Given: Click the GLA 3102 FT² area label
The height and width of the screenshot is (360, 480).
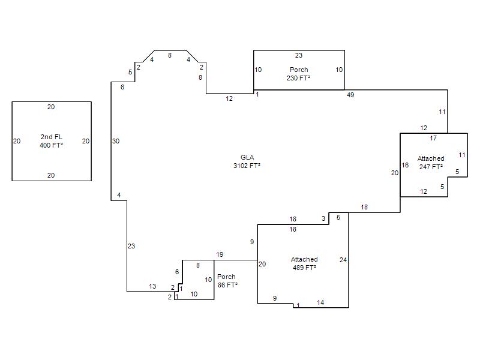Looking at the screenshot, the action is [247, 161].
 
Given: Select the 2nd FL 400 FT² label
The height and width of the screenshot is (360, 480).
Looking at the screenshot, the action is [52, 141].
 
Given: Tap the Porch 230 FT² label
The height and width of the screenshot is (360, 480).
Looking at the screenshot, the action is [298, 74].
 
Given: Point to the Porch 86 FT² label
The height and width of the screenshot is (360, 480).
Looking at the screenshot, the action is [227, 281].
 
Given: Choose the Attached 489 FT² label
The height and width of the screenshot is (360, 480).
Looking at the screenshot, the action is [304, 263].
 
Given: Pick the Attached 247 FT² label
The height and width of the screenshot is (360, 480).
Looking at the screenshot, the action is [431, 163].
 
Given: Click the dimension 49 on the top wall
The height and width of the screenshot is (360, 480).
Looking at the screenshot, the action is [350, 95].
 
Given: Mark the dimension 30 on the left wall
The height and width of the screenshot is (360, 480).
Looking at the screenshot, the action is [116, 141].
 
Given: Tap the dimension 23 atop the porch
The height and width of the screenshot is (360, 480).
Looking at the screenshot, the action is [299, 55].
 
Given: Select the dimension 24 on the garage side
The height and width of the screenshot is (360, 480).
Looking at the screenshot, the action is [343, 260].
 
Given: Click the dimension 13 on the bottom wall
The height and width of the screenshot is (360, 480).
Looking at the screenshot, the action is [152, 286].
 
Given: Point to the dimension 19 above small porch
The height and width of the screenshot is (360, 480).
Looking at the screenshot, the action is [220, 254].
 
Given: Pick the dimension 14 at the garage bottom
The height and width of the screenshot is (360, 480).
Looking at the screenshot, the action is [320, 302].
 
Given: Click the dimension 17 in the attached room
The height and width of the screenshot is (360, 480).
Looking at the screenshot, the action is [433, 138].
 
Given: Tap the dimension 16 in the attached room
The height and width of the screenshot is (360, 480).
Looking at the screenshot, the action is [405, 166].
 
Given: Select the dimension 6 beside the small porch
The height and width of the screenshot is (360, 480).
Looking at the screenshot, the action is [177, 272].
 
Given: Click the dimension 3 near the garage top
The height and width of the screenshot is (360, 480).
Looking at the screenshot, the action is [323, 218].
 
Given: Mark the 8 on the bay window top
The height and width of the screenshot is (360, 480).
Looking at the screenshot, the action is [170, 55].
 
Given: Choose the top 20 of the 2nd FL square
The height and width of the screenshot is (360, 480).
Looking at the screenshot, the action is [51, 107].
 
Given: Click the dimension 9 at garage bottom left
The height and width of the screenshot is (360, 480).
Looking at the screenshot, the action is [275, 298].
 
